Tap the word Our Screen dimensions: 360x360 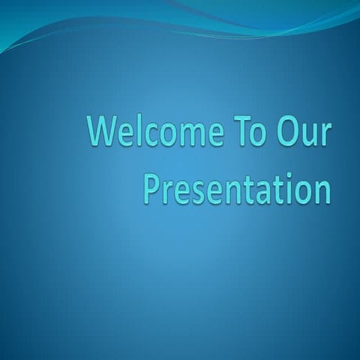pyautogui.click(x=304, y=131)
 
